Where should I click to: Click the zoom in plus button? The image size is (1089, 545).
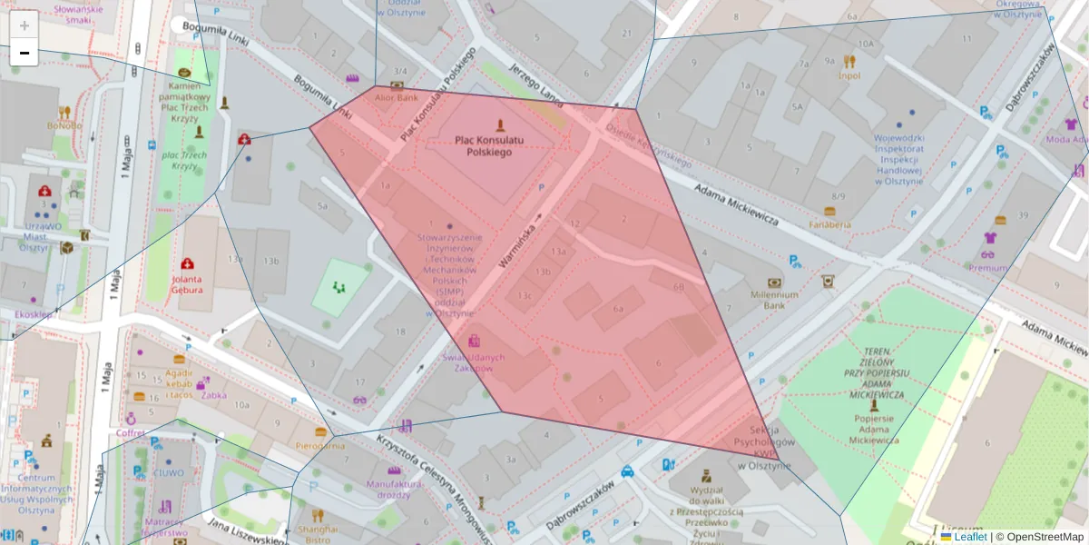point(25,25)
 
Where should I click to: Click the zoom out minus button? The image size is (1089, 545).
point(25,53)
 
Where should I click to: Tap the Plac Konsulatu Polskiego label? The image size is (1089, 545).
point(489,146)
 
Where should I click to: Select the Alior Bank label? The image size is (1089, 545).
point(397,97)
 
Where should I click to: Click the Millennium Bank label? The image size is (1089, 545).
point(774,300)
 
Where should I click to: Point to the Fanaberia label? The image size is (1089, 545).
point(830,224)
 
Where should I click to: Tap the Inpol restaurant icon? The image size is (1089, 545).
point(849,62)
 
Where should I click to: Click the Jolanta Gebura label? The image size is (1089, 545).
point(186,285)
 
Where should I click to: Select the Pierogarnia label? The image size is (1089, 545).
point(320,446)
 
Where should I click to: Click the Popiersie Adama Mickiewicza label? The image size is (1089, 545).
point(873,430)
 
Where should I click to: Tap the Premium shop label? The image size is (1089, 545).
point(987,268)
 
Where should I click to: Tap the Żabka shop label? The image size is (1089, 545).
point(214,395)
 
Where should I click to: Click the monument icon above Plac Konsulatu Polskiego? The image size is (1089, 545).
point(496,124)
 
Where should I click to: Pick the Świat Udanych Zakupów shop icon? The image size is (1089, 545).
point(474,342)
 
